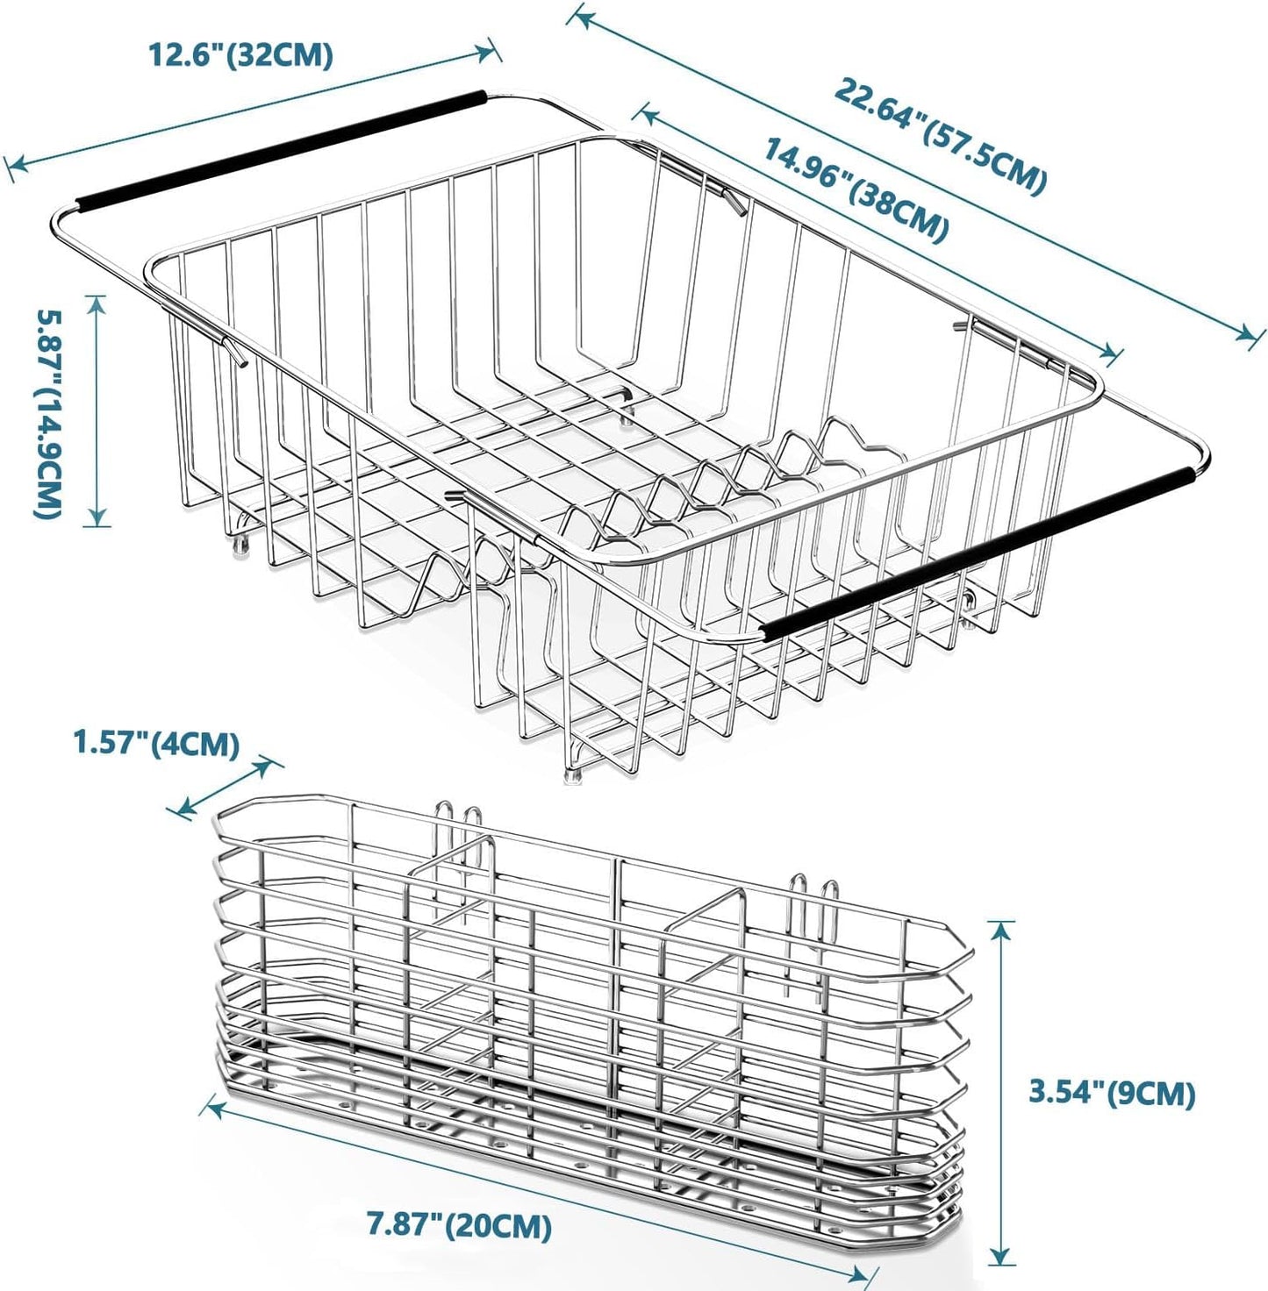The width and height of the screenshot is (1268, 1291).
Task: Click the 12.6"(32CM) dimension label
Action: click(x=240, y=54)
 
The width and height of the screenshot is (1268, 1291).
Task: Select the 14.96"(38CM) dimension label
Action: click(x=855, y=189)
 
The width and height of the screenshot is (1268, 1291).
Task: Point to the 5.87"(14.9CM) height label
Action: click(x=48, y=411)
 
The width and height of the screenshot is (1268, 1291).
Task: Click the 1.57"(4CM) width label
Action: click(x=156, y=745)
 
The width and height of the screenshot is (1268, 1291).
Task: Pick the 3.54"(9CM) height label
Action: click(x=1112, y=1093)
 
